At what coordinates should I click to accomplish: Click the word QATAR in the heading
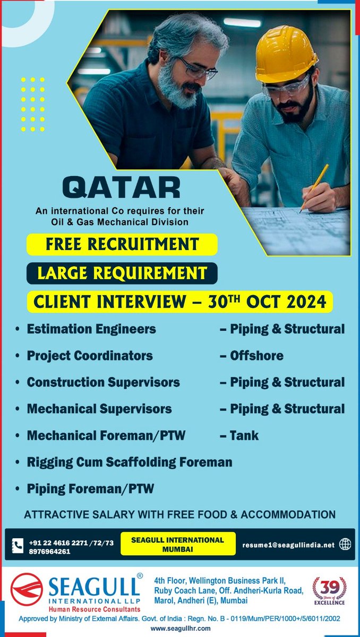coord(121,187)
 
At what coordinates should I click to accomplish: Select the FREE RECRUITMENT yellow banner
coord(122,244)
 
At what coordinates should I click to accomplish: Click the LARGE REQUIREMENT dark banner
coord(122,273)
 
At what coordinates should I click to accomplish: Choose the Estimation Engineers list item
coord(91,329)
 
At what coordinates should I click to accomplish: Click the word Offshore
coord(256,356)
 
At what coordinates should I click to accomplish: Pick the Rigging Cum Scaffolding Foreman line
coord(130,462)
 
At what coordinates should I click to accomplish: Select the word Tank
coord(244,436)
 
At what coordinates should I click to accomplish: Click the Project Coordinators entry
coord(90,356)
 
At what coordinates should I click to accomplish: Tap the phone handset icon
coord(18,545)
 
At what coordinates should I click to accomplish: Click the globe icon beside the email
coord(345,544)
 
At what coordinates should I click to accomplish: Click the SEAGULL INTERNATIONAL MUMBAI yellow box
coord(177,544)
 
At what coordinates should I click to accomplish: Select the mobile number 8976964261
coord(50,550)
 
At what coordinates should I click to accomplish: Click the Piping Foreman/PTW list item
coord(90,489)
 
